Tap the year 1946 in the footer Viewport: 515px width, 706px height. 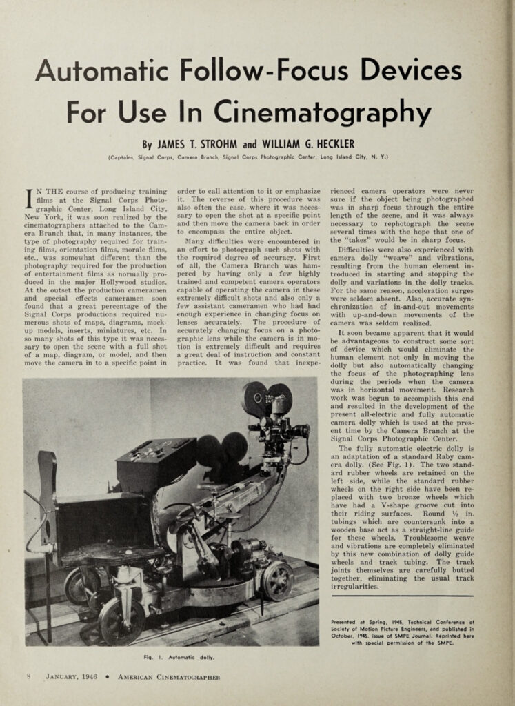click(90, 677)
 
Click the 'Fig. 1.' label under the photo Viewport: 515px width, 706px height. click(147, 656)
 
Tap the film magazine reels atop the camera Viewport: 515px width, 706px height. click(267, 399)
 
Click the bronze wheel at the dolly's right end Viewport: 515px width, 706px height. click(278, 579)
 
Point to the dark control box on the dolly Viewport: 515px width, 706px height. click(155, 462)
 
